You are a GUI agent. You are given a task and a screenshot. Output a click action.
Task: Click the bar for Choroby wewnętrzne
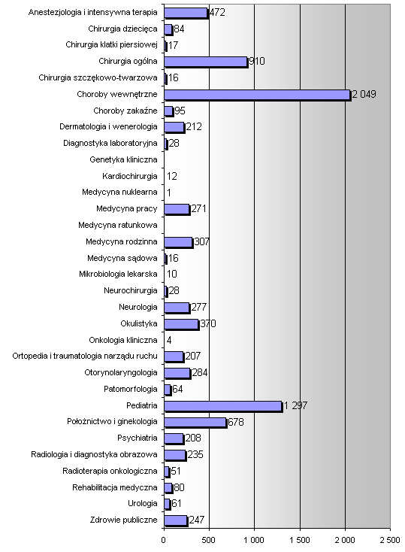(x=258, y=95)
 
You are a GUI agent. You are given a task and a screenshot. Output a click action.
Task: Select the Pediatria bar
(x=223, y=407)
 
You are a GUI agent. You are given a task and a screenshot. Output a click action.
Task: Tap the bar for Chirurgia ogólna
(x=206, y=62)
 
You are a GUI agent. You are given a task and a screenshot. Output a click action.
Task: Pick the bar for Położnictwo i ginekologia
(x=195, y=423)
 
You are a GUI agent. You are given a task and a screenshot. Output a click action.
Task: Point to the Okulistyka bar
(x=182, y=325)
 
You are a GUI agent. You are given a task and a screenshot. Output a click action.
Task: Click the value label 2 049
(x=364, y=94)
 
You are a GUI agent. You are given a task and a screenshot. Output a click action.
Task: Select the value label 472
(x=217, y=12)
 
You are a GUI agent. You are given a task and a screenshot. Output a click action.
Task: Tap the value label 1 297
(x=295, y=406)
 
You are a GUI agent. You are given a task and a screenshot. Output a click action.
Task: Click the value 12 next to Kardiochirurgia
(x=172, y=176)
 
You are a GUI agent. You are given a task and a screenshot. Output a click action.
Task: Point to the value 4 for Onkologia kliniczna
(x=169, y=340)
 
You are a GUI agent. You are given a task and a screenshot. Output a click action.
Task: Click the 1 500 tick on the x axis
(x=300, y=541)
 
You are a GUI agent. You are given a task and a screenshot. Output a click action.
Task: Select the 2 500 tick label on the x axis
(x=390, y=541)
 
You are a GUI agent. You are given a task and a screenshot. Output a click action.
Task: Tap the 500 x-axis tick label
(x=209, y=541)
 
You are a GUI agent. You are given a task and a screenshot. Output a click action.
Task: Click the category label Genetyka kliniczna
(x=123, y=160)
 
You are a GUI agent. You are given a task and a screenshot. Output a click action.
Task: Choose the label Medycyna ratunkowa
(x=118, y=225)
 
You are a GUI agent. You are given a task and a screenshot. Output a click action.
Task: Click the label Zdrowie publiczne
(x=124, y=520)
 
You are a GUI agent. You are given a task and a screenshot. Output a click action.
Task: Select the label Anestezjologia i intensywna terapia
(x=93, y=12)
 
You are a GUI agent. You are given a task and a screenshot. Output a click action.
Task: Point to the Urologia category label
(x=143, y=503)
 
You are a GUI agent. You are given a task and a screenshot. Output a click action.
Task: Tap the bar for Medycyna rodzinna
(x=179, y=243)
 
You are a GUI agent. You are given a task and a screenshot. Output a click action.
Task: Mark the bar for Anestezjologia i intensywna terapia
(x=186, y=14)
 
